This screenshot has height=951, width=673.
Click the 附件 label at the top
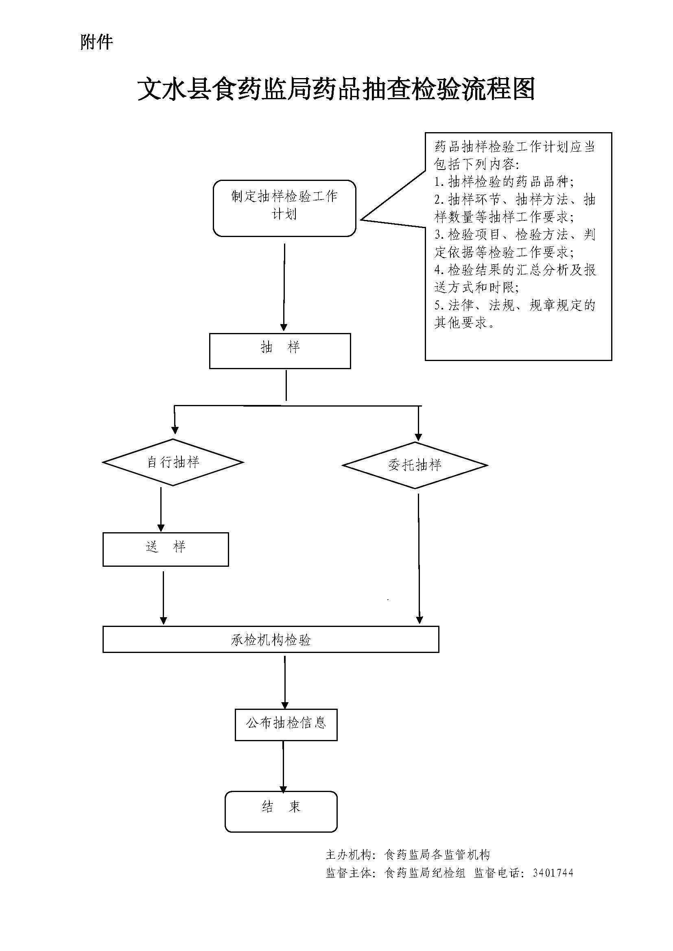(x=96, y=42)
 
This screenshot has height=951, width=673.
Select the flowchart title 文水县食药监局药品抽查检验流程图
(x=336, y=89)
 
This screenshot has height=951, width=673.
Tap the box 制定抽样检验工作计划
(x=284, y=208)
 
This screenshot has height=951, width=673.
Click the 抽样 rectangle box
(x=280, y=351)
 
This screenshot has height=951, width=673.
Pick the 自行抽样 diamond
(x=173, y=462)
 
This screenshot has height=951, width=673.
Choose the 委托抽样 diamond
(x=415, y=465)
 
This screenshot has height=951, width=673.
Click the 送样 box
(x=165, y=549)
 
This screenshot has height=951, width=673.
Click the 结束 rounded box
(x=281, y=812)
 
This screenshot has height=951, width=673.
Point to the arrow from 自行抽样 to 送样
(x=161, y=509)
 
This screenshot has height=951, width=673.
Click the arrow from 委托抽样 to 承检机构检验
(x=419, y=559)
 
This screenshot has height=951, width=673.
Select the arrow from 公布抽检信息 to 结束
(x=284, y=766)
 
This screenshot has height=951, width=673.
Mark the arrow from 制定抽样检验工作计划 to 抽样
(x=284, y=286)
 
